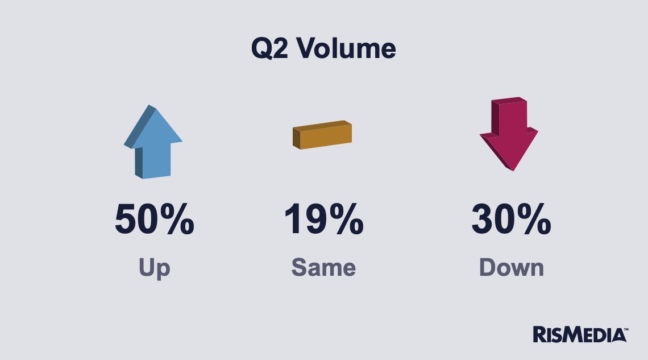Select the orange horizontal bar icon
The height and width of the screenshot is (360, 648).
point(322,135)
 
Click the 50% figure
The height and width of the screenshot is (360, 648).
point(155,219)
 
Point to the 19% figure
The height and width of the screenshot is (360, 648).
point(324,219)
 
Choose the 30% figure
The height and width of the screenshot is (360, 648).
point(511,219)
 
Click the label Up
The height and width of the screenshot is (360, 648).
point(154,268)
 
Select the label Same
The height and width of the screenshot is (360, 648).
point(323,267)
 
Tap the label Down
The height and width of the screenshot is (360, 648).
point(512,267)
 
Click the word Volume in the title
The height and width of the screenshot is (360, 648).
point(346,48)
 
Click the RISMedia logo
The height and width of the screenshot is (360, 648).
point(580,335)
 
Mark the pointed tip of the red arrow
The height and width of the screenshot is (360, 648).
point(513,170)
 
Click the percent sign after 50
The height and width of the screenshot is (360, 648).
point(177,219)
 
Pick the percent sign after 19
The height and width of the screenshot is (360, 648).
point(347,219)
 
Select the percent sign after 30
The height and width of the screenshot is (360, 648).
point(534,219)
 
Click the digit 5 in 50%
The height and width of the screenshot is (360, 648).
point(125,220)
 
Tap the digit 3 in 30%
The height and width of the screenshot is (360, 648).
point(482,219)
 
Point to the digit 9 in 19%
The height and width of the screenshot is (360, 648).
point(317,219)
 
